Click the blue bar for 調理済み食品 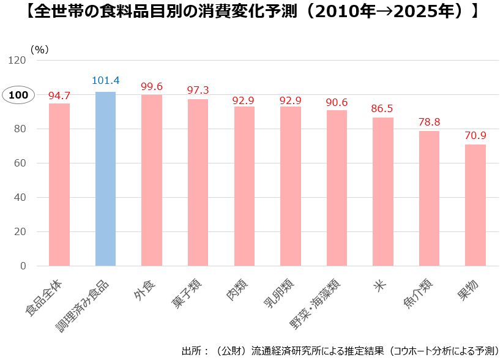(105, 179)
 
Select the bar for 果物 (475, 205)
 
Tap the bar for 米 (383, 192)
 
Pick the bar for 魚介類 (429, 198)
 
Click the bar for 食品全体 (59, 184)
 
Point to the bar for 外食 (152, 180)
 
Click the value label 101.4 (105, 81)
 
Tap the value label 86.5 (383, 108)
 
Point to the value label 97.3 (198, 90)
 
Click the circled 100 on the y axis (18, 95)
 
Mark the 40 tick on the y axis (20, 197)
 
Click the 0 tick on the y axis (23, 266)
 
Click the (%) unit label (39, 50)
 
